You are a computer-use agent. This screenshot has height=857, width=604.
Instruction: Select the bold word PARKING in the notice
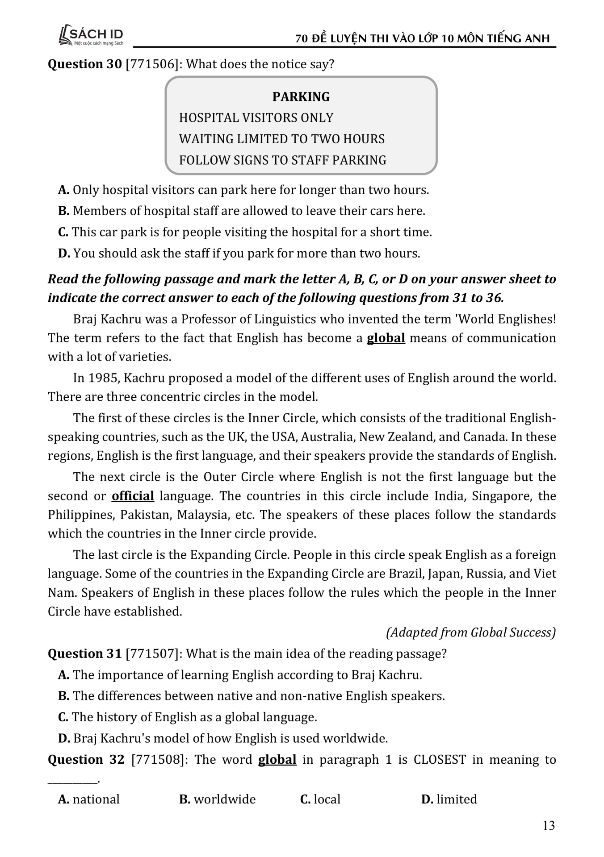301,97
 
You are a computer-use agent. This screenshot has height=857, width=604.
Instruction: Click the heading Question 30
84,64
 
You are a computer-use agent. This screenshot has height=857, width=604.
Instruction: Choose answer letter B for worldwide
185,799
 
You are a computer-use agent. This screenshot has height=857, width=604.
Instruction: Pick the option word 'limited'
457,799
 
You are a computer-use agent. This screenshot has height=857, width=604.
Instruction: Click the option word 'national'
96,799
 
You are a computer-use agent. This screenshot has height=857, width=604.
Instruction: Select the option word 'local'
327,799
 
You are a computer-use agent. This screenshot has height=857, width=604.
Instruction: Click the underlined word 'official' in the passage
133,496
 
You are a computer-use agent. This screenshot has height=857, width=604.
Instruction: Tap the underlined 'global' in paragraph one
386,338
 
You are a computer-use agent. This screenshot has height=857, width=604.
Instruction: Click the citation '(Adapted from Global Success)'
471,632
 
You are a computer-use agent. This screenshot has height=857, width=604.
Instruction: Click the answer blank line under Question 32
72,781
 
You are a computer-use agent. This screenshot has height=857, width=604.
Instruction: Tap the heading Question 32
86,760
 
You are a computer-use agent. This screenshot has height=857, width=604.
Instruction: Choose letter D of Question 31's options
64,738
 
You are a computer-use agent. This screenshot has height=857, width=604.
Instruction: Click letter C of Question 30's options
63,232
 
